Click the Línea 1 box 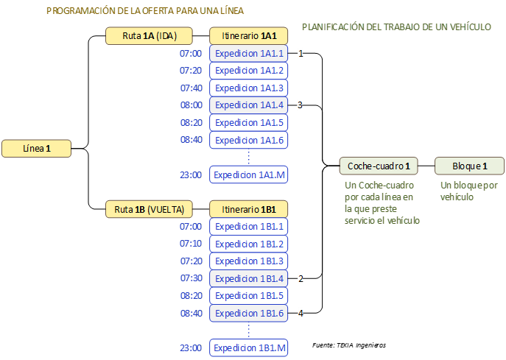37,149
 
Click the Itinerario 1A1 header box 249,36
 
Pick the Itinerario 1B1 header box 249,209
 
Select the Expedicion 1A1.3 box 249,88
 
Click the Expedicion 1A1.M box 249,175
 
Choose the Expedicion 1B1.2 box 249,244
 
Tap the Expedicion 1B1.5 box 249,296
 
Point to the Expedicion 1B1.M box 249,348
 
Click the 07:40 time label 190,88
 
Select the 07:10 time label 190,244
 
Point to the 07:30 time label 190,278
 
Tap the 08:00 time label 190,105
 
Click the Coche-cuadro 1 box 379,166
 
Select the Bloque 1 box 469,166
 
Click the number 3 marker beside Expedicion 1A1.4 301,105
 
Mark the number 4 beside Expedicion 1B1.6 301,314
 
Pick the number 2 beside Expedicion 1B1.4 301,278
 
